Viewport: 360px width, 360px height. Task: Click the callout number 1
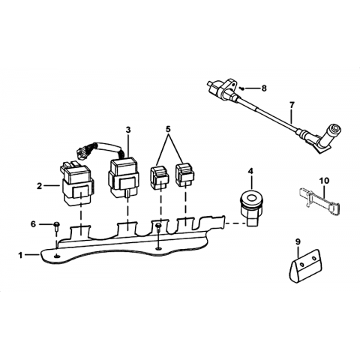[20, 255]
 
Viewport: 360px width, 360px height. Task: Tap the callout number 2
[39, 186]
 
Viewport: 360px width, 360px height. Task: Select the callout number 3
[128, 130]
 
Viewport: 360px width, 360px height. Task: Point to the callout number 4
[250, 171]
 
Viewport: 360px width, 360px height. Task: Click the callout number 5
[168, 129]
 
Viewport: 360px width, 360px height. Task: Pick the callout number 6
[33, 224]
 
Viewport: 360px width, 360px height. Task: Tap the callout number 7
[292, 105]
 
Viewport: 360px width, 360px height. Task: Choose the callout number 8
[264, 88]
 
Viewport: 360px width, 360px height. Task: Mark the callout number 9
[298, 241]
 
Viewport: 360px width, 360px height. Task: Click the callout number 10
[324, 180]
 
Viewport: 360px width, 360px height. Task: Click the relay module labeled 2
[76, 184]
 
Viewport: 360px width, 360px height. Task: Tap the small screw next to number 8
[241, 88]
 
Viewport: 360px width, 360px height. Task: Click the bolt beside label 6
[57, 226]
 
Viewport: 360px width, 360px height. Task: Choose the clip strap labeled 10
[319, 201]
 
